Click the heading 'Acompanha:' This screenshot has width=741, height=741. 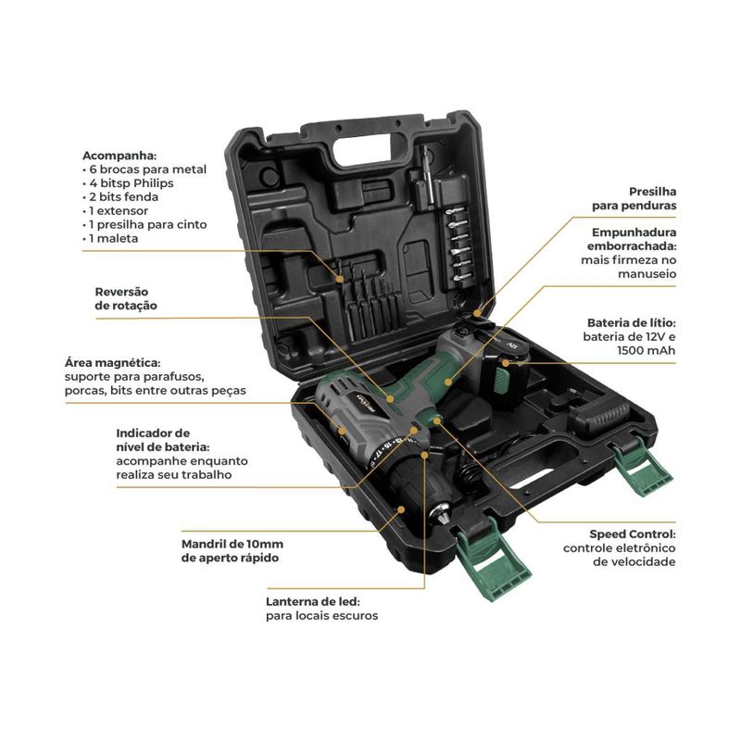(119, 156)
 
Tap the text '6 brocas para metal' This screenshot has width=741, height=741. (148, 170)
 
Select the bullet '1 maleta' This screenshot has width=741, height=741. (115, 238)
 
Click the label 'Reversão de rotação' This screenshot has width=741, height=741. (126, 298)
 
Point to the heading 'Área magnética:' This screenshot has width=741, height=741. (113, 362)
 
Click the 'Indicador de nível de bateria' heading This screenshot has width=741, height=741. (153, 439)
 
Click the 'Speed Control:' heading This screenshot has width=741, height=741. (633, 534)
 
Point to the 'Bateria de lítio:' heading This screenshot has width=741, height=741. (631, 321)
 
